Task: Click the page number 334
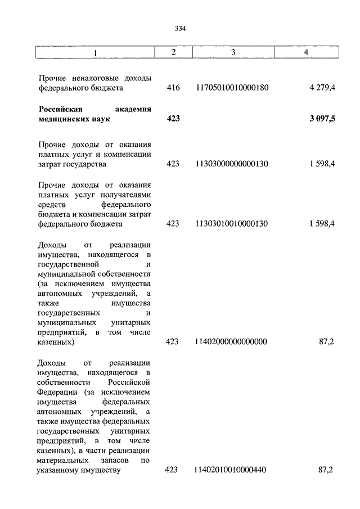(180, 29)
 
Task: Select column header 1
(95, 53)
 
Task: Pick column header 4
(306, 52)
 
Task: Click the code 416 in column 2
(173, 88)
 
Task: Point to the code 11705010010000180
(231, 88)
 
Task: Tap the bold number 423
(173, 119)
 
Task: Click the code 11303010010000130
(231, 224)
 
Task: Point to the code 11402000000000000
(231, 341)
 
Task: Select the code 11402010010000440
(231, 470)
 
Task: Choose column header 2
(173, 52)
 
